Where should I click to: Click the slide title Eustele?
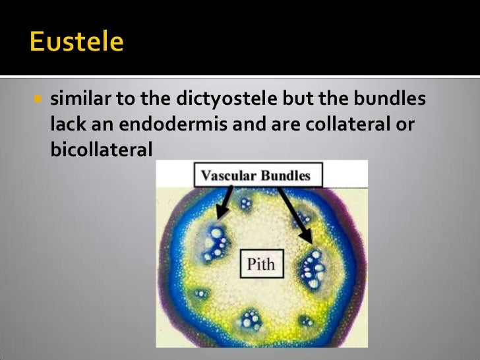point(76,42)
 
